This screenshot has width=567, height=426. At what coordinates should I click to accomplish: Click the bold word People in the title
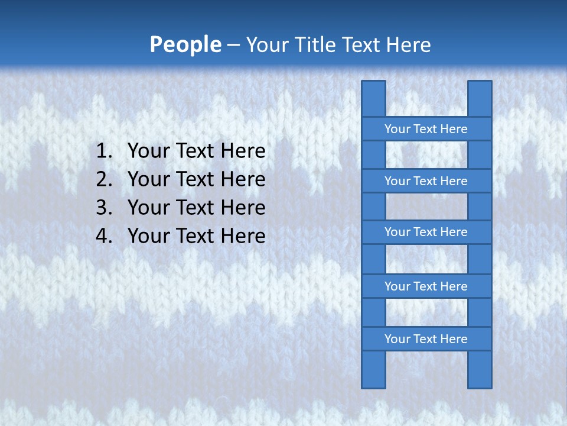(185, 45)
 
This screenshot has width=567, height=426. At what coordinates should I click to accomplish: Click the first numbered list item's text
(196, 151)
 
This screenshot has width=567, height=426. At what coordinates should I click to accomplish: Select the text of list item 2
(196, 179)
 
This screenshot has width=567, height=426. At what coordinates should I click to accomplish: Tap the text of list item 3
(196, 208)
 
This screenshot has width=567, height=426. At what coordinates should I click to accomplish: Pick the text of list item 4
(196, 236)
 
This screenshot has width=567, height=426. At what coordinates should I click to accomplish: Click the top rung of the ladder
(426, 129)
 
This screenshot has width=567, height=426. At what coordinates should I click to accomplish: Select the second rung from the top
(426, 181)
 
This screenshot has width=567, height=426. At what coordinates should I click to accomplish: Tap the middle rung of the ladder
(426, 233)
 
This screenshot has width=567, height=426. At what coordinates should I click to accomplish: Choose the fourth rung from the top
(426, 286)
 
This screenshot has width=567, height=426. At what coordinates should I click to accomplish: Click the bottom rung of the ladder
(426, 339)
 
